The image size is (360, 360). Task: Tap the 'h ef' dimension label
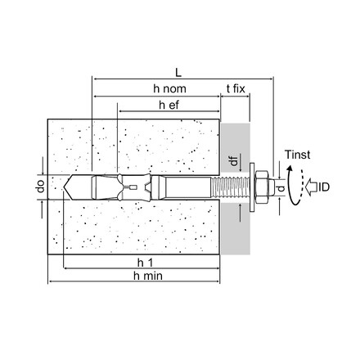(x=167, y=105)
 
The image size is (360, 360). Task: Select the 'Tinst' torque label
(x=296, y=153)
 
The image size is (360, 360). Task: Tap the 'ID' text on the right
(x=324, y=188)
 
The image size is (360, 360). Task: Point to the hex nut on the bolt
(x=264, y=188)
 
